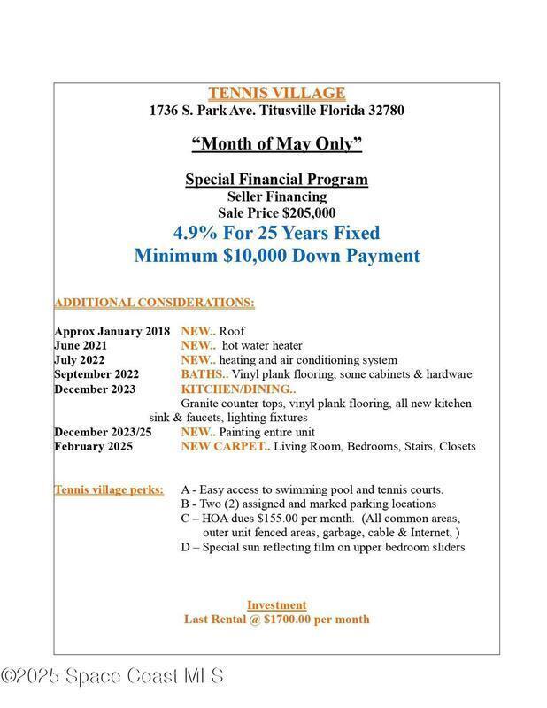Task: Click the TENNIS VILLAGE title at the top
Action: [277, 93]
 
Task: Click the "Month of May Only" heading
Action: [277, 143]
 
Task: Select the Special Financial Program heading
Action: [276, 179]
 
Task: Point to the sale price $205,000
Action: [305, 212]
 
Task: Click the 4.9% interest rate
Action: [197, 234]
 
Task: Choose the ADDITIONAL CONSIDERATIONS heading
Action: [154, 303]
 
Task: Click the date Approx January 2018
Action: [112, 331]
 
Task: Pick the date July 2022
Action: [80, 360]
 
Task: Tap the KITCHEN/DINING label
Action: [237, 389]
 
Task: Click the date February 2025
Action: [93, 446]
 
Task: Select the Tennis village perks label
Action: [109, 489]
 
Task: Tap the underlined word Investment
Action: [276, 604]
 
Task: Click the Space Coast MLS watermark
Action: [112, 676]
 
